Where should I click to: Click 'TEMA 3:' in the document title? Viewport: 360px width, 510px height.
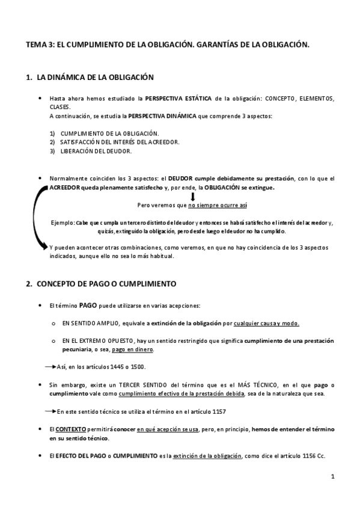coord(40,44)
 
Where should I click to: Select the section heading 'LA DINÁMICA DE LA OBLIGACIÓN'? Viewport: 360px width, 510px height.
coord(96,78)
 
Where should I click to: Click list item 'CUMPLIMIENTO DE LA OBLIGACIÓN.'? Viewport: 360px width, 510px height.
coord(109,133)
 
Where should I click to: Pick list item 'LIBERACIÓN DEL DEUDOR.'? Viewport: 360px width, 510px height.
coord(96,151)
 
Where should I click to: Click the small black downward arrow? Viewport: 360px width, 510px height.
coord(193,196)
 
